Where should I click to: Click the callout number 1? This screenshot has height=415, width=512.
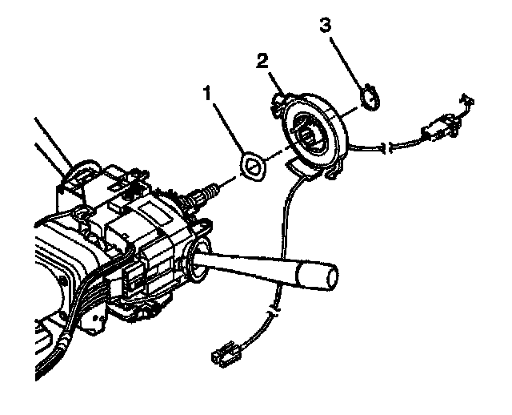pos(207,94)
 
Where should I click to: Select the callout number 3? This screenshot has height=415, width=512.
pos(325,25)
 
